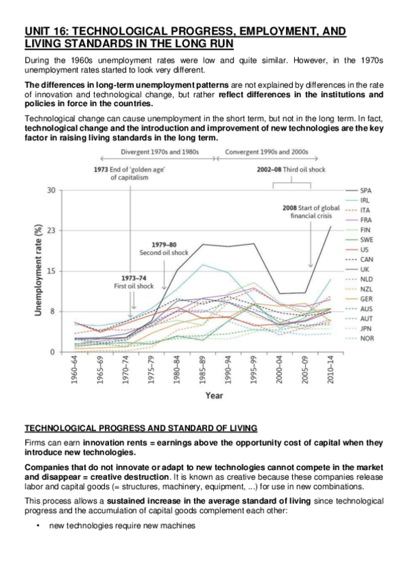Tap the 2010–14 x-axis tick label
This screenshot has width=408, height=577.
[x=329, y=370]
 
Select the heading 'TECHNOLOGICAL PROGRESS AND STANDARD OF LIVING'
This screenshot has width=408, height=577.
[x=141, y=428]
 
